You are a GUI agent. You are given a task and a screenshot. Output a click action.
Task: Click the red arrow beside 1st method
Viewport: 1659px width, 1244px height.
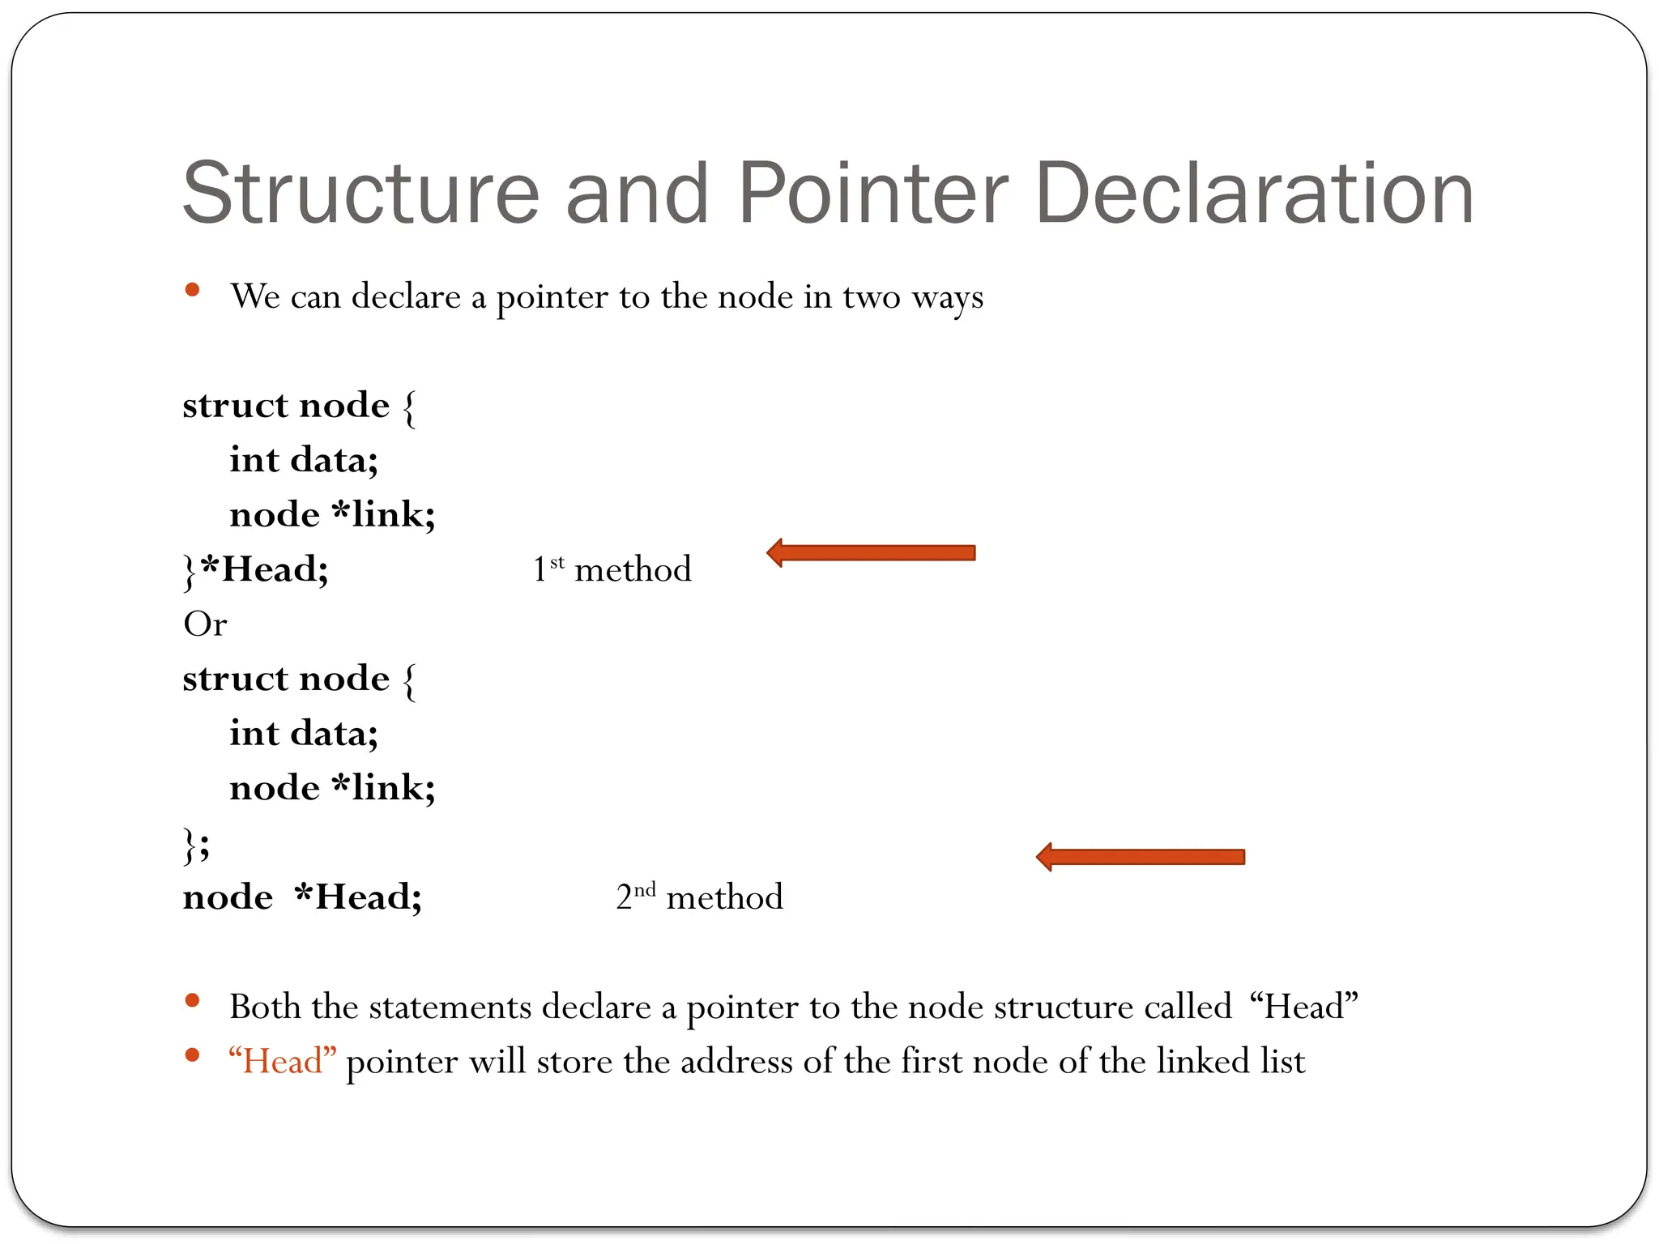871,553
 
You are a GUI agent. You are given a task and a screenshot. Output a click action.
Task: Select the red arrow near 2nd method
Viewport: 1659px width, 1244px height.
1141,857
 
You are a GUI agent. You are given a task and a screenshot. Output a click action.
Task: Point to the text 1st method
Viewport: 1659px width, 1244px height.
612,569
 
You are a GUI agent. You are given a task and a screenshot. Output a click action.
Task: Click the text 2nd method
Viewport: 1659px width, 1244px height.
699,897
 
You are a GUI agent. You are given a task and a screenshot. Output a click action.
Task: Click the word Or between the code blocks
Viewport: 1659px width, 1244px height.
205,624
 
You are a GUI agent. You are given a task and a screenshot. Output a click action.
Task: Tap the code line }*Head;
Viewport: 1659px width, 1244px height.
256,569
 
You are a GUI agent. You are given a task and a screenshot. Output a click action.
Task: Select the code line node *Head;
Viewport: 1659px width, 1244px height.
302,897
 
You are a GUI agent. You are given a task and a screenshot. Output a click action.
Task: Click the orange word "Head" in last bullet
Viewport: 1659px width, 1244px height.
282,1061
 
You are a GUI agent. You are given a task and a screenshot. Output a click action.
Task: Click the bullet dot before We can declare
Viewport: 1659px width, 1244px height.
192,290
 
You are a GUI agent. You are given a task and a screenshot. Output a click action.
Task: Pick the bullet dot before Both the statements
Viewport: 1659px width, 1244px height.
192,1000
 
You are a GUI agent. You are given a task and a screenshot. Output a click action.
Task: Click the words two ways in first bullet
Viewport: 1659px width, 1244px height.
913,296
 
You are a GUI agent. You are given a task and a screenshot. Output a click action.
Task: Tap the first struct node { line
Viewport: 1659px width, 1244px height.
299,405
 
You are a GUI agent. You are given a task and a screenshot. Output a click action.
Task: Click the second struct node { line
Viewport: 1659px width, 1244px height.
299,679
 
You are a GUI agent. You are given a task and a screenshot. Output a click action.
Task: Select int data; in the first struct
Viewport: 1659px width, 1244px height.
304,460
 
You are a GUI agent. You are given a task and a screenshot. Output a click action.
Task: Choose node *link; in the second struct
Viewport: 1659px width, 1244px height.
332,788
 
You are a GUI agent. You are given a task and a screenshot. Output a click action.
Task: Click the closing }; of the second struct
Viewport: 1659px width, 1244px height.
196,845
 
